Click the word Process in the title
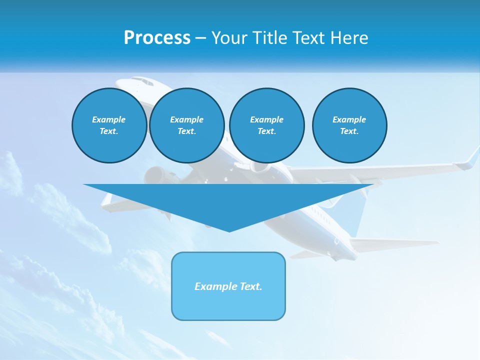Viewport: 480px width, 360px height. pos(157,38)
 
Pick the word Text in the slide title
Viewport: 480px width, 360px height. pos(310,38)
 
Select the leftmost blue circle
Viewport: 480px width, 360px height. pos(109,125)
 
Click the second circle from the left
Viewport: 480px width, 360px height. pos(186,125)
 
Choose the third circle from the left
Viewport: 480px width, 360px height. pos(266,125)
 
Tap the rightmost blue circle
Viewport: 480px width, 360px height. pos(349,125)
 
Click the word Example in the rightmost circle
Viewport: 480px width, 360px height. pos(349,119)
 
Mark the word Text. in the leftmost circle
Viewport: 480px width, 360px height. pos(109,131)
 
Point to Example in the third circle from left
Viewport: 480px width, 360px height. pos(266,119)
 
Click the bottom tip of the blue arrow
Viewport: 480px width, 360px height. pos(229,230)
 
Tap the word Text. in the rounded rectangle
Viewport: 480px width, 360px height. pos(250,286)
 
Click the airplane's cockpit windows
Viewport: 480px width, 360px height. pos(142,80)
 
